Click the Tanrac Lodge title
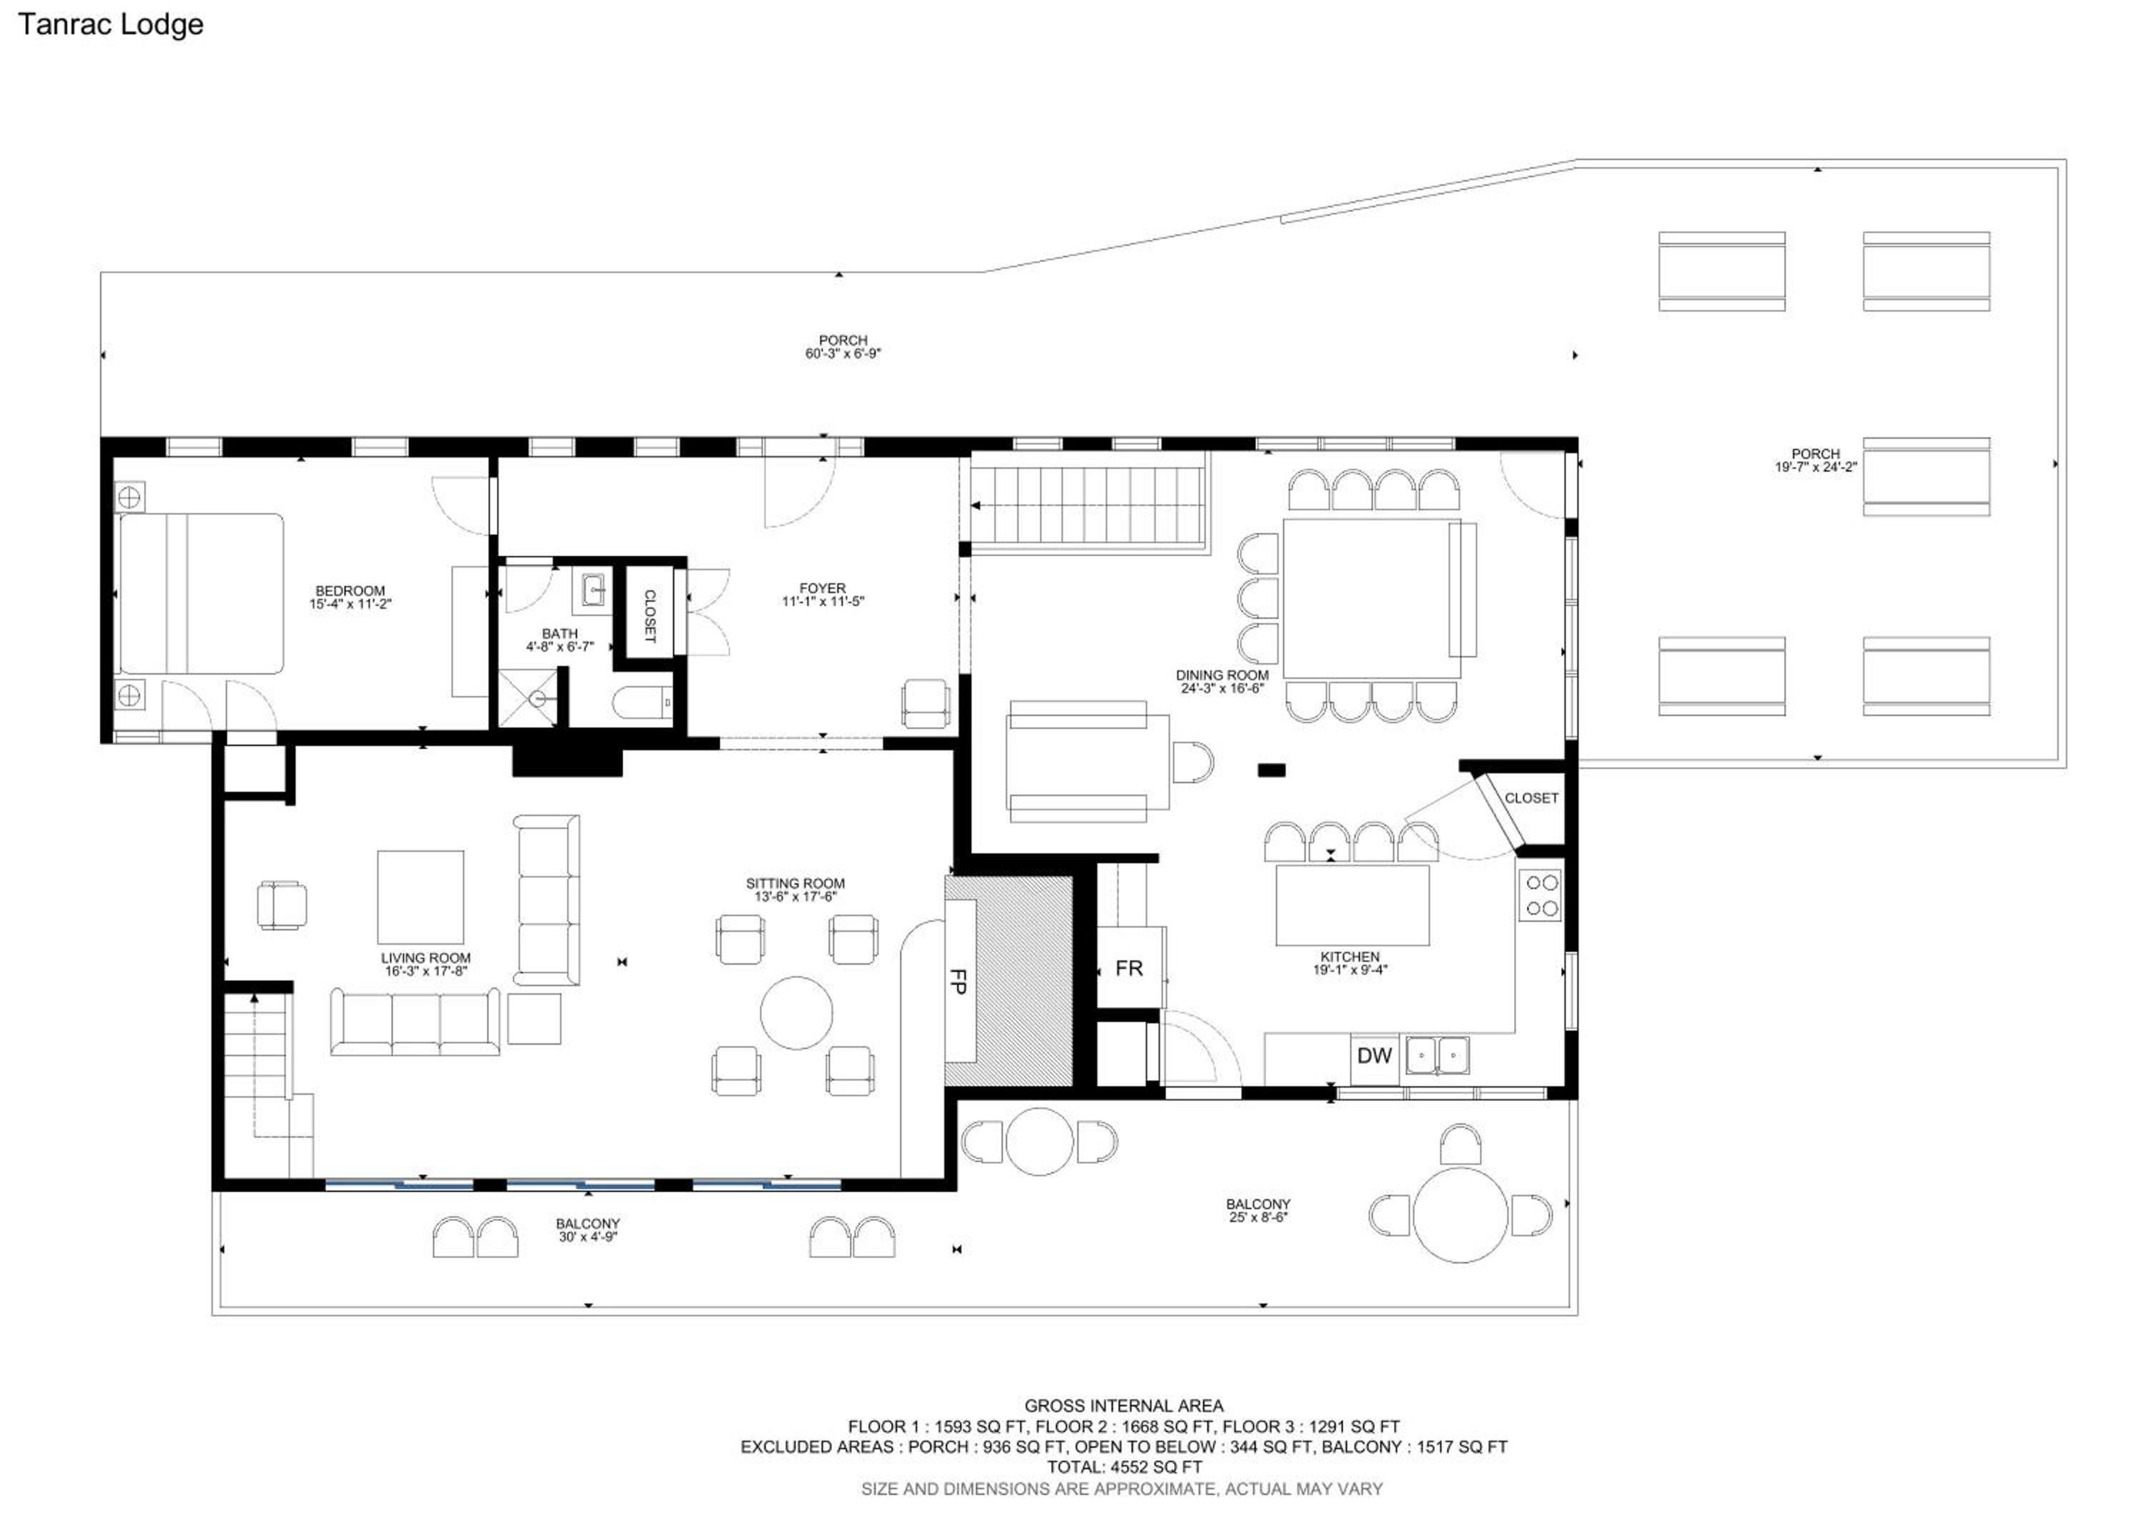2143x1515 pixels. pos(110,25)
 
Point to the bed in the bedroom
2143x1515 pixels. pos(200,594)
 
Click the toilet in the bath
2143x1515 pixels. pos(642,703)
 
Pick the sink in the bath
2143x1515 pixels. pos(594,590)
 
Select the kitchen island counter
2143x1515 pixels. pos(1352,905)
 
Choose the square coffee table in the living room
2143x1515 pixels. pos(420,897)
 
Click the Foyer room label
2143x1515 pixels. pos(822,588)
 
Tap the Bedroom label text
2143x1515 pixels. pos(350,591)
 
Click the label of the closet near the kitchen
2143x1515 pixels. pos(1531,798)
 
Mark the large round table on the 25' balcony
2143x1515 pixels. pos(1461,1216)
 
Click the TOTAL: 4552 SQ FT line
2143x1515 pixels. pos(1124,1466)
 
